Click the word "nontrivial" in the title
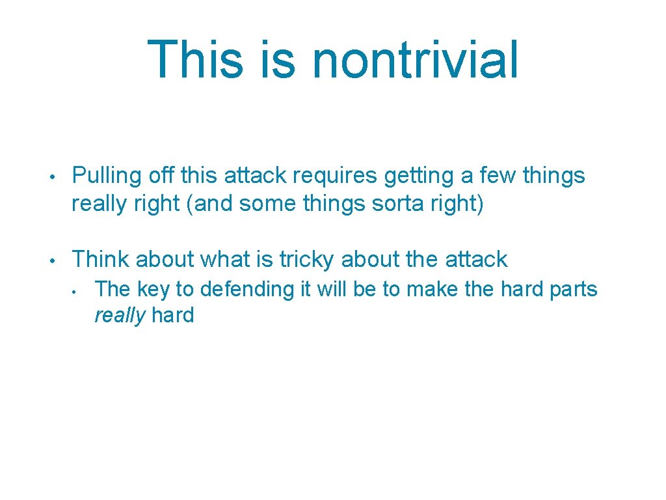click(416, 59)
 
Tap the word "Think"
click(102, 259)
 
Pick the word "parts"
click(573, 289)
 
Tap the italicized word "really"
click(120, 316)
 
